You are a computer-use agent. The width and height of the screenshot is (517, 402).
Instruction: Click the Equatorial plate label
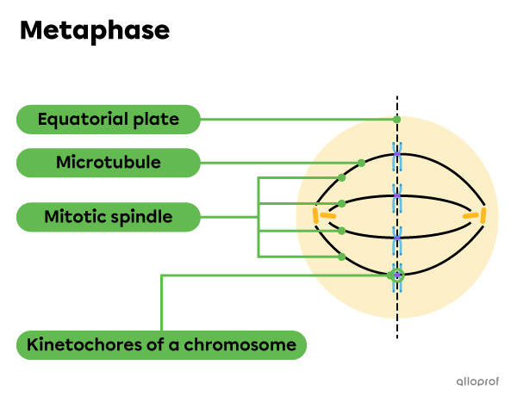(109, 120)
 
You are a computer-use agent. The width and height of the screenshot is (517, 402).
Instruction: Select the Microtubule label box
(109, 163)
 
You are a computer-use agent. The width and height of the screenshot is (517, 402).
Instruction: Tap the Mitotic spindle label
(109, 217)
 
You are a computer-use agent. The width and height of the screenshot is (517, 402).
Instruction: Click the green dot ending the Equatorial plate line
(396, 120)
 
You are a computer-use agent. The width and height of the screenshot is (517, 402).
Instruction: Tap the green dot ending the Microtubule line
(361, 163)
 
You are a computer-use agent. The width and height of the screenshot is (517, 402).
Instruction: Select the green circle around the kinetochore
(396, 276)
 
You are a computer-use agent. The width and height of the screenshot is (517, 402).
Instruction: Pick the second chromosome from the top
(396, 197)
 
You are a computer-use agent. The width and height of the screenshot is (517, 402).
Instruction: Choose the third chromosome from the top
(396, 238)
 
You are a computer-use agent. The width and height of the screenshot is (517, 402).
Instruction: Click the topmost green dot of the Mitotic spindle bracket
(342, 177)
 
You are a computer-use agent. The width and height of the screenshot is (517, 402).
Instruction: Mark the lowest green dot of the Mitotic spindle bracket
(342, 257)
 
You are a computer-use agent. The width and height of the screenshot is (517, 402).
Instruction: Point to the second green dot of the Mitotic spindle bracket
(342, 204)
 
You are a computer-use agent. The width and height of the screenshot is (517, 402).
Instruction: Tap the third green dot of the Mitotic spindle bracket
(342, 231)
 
